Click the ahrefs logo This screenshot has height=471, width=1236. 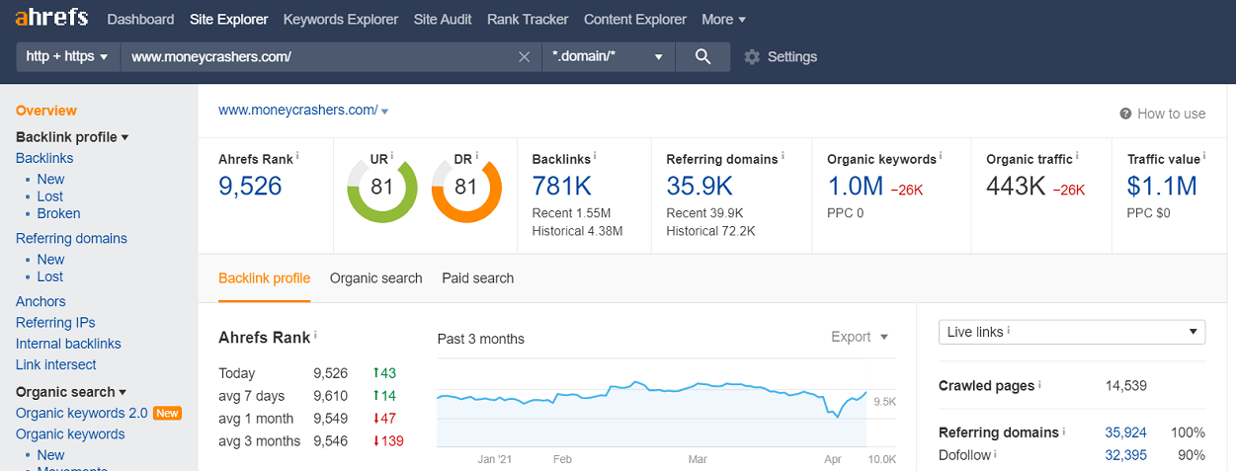coord(51,18)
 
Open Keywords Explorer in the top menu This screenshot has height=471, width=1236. coord(341,20)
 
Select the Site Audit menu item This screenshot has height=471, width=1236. coord(443,20)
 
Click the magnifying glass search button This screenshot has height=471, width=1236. coord(702,56)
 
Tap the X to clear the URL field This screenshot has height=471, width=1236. coord(525,57)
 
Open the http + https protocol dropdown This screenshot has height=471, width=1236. coord(67,57)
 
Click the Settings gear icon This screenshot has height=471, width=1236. coord(752,57)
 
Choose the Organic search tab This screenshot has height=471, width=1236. coord(375,278)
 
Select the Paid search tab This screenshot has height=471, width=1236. coord(477,278)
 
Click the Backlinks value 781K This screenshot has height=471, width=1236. coord(562,186)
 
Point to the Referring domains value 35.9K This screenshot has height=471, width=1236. coord(700,186)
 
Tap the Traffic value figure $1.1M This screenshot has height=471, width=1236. coord(1162,186)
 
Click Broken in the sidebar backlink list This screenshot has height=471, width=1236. coord(58,213)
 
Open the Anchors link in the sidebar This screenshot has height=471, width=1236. coord(41,301)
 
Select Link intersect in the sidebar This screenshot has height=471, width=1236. coord(55,364)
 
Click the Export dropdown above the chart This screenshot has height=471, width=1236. coord(860,337)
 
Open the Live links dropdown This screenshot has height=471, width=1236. coord(1072,332)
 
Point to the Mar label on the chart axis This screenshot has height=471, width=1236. coord(698,459)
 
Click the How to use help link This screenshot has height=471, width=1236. coord(1163,114)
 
